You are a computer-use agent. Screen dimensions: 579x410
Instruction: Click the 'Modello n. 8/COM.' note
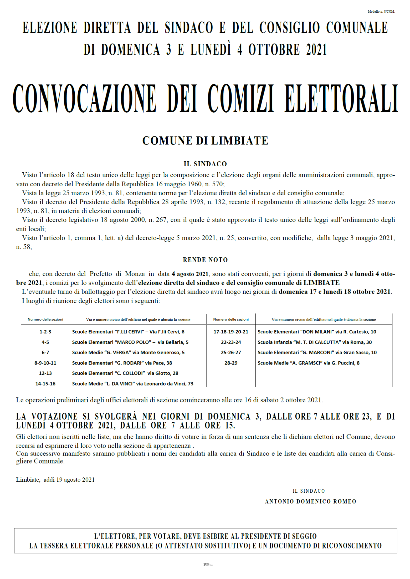tap(381, 12)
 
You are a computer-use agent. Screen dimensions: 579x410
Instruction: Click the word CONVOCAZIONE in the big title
tap(84, 99)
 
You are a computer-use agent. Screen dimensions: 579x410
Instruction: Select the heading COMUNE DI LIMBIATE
tap(205, 141)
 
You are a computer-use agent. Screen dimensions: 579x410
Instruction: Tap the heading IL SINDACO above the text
tap(205, 164)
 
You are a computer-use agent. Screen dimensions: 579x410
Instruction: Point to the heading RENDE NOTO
tap(205, 260)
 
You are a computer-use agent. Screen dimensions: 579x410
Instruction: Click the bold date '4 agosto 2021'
tap(190, 274)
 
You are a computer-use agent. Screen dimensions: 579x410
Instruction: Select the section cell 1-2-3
tap(45, 332)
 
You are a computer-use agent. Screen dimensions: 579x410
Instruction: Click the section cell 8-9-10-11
tap(45, 363)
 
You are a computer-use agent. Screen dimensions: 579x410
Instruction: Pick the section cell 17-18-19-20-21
tap(231, 332)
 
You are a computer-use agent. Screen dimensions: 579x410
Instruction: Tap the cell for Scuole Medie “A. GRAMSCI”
tap(309, 363)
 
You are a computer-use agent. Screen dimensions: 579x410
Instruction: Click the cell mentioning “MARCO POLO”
tap(130, 342)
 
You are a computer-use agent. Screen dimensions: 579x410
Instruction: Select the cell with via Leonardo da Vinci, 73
tap(133, 384)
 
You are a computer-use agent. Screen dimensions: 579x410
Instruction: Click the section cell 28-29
tap(231, 363)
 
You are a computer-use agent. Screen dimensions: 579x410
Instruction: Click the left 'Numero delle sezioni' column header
tap(45, 319)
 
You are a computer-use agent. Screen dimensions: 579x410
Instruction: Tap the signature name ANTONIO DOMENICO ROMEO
tap(310, 501)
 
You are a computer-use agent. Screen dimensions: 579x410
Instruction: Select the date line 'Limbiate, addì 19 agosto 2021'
tap(55, 480)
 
